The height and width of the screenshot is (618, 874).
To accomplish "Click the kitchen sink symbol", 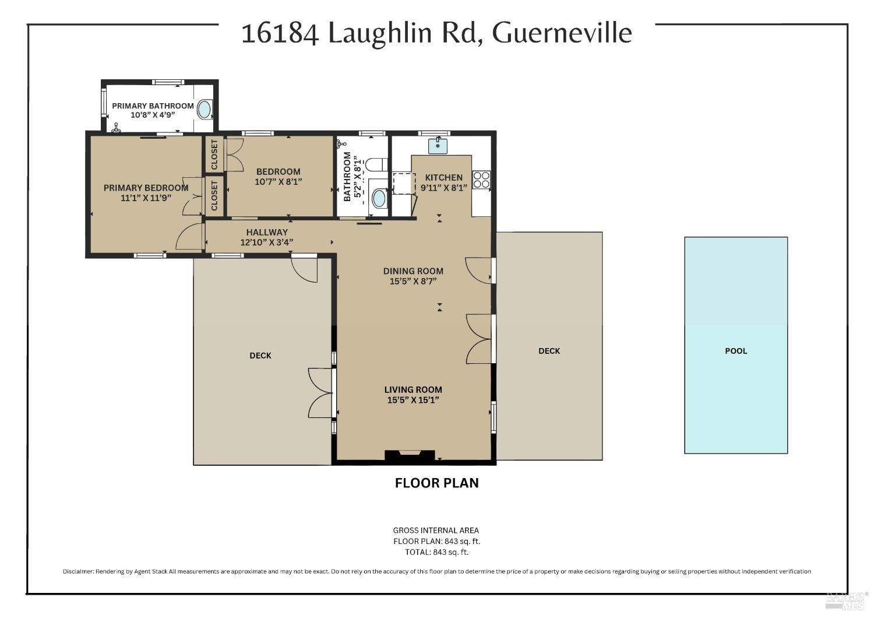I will point(438,145).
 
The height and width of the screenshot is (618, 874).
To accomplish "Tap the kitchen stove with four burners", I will point(481,180).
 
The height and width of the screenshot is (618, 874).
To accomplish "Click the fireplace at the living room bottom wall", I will point(410,456).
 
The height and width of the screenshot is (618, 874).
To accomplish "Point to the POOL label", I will point(736,351).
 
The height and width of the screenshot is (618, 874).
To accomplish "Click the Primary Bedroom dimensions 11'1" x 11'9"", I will point(146,198).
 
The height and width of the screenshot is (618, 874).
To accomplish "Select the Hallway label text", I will point(267,232).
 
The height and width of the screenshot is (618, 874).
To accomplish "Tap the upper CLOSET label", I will point(214,155).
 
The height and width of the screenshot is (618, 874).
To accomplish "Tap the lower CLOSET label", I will point(214,196).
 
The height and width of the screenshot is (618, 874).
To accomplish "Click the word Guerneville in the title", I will point(562,33).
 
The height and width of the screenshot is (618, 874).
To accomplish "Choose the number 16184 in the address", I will point(280,33).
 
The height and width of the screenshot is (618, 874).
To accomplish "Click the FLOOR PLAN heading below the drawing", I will point(437,483).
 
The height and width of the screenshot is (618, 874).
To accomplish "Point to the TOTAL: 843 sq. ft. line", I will point(437,552).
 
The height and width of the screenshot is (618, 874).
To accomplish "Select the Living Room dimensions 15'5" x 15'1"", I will point(413,400).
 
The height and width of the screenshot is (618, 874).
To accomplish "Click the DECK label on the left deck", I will point(260,356).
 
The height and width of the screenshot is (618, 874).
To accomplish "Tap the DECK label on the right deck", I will point(549,351).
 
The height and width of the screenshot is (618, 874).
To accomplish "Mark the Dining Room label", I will point(413,271).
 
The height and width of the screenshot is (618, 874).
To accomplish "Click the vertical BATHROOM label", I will point(348,177).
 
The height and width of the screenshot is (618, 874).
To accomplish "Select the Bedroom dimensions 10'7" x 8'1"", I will point(279,182).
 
